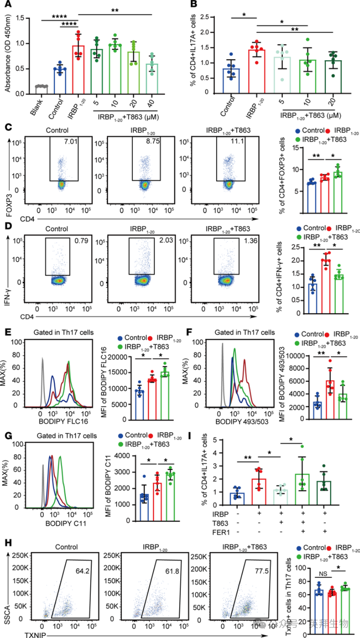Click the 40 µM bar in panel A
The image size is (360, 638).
(x=152, y=79)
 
